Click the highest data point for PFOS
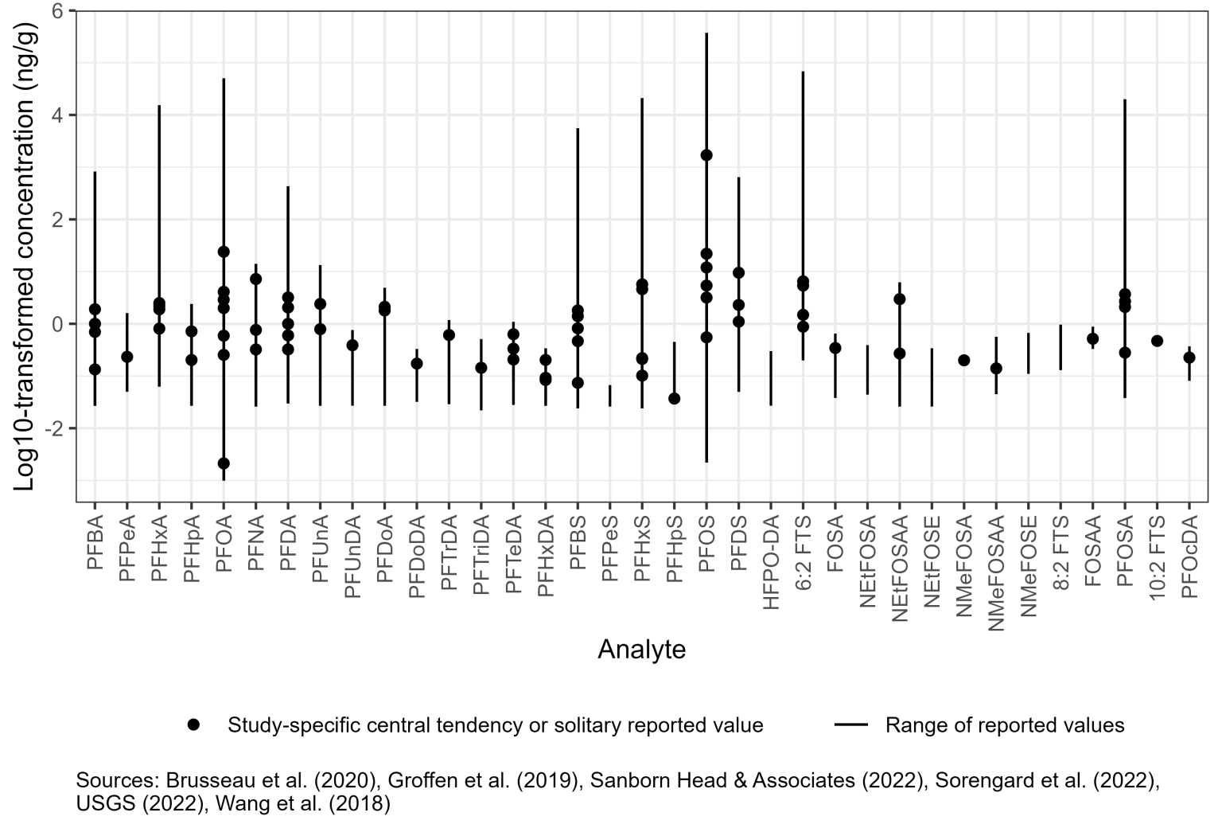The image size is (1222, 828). pyautogui.click(x=706, y=155)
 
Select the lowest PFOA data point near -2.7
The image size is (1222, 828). pyautogui.click(x=224, y=463)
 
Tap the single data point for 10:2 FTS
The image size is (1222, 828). pyautogui.click(x=1157, y=341)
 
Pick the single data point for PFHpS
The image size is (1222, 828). pyautogui.click(x=674, y=398)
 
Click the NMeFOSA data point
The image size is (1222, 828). pyautogui.click(x=963, y=360)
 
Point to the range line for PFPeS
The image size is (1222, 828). pyautogui.click(x=609, y=396)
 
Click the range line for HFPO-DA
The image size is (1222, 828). pyautogui.click(x=770, y=378)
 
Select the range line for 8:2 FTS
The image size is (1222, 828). pyautogui.click(x=1060, y=347)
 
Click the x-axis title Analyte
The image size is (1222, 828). pyautogui.click(x=641, y=650)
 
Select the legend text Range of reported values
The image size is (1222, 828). pyautogui.click(x=1004, y=725)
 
